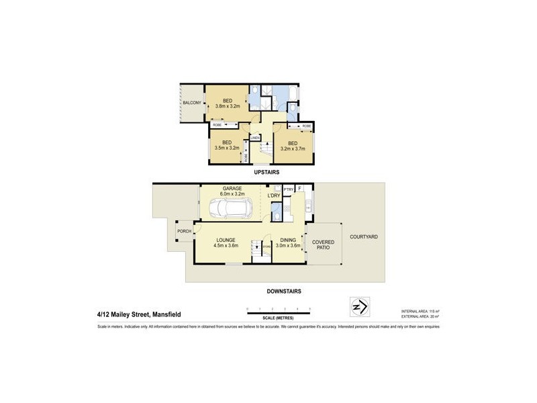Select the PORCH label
(x=184, y=231)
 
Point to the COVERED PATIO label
(x=323, y=245)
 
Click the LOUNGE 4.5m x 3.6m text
(x=225, y=242)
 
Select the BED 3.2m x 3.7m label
(x=293, y=146)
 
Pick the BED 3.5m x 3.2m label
(x=227, y=145)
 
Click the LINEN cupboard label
(x=255, y=138)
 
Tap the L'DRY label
(x=273, y=195)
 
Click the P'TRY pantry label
(x=289, y=189)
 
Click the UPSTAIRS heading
(x=266, y=173)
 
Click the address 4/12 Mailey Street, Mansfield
(x=138, y=314)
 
